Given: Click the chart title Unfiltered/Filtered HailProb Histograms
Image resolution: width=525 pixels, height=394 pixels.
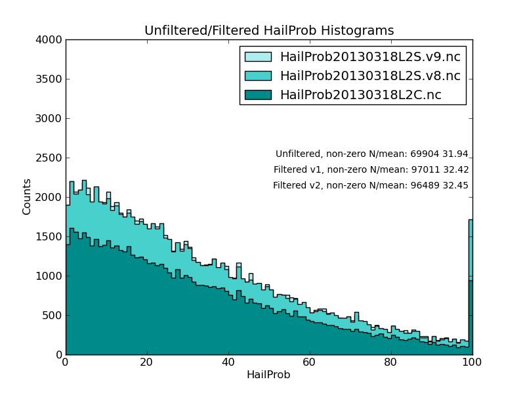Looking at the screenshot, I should [269, 31].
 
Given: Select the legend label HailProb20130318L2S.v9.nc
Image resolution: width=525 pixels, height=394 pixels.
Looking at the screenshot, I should [370, 57].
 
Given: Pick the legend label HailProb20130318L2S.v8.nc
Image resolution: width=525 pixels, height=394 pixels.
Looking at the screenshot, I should [370, 76].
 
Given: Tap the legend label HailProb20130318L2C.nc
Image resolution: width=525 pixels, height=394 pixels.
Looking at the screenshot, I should [360, 95].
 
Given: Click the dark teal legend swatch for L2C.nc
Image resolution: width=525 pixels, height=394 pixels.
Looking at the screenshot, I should [258, 95].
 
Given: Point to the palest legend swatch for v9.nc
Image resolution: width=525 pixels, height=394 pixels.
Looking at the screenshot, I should [258, 57].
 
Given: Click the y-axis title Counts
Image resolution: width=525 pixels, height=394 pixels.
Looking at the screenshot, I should [27, 196].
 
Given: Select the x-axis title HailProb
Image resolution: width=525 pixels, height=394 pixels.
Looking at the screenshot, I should [268, 375].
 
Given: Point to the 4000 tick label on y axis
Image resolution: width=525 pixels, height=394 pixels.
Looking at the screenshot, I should [51, 40].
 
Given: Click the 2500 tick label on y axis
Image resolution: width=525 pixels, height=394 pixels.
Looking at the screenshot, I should [51, 158].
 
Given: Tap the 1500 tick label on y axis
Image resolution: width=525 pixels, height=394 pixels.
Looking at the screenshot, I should [51, 237].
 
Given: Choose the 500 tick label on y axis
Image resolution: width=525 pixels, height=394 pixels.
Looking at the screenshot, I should [53, 316].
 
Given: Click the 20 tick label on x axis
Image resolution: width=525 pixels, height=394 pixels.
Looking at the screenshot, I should [147, 362].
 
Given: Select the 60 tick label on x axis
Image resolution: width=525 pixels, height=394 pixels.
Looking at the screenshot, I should [310, 362].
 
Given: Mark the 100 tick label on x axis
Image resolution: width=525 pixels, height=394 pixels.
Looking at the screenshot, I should [472, 362].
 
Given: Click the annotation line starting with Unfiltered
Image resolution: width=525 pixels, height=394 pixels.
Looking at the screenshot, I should [371, 154].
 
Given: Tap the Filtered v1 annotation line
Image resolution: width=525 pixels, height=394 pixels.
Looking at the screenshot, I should [371, 170].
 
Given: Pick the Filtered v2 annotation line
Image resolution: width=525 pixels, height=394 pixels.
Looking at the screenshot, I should [371, 186].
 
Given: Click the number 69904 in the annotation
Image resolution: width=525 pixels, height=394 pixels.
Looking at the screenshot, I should [425, 154].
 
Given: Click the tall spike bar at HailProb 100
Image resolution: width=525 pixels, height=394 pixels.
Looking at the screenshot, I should [471, 289].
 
